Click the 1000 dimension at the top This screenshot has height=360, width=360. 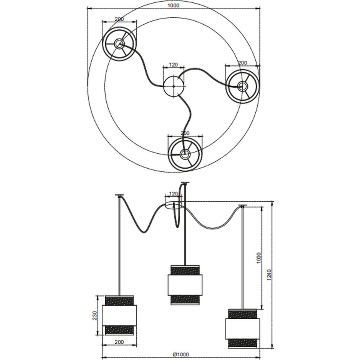pyautogui.click(x=173, y=5)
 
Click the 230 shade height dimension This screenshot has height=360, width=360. pyautogui.click(x=95, y=316)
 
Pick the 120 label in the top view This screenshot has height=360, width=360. pyautogui.click(x=173, y=65)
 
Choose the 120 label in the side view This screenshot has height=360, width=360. pyautogui.click(x=173, y=194)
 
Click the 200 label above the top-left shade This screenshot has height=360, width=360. pyautogui.click(x=119, y=19)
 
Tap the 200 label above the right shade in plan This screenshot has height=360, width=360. pyautogui.click(x=242, y=63)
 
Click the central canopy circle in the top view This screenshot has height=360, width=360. pyautogui.click(x=174, y=86)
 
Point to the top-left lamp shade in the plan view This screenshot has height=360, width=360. pyautogui.click(x=119, y=44)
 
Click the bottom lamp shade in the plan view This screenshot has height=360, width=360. pyautogui.click(x=185, y=154)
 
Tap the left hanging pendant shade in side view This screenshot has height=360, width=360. pyautogui.click(x=119, y=316)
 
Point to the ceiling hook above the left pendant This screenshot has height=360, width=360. pyautogui.click(x=119, y=195)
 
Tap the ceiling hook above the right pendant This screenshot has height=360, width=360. pyautogui.click(x=242, y=205)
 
